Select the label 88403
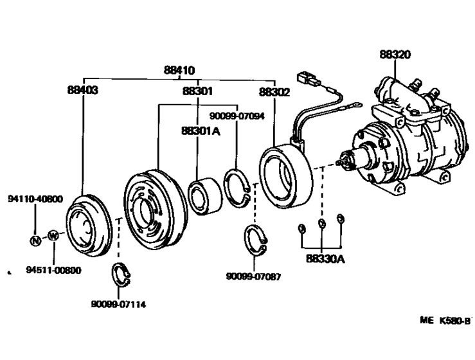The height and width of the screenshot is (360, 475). [x=83, y=91]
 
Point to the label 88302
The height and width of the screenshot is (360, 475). [x=274, y=92]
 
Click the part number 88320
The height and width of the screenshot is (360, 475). [x=395, y=55]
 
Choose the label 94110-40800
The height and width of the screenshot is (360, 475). [x=36, y=199]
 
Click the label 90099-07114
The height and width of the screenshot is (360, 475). [x=118, y=304]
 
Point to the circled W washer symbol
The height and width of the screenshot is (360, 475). [x=53, y=235]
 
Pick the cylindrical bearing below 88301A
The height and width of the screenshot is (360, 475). [x=204, y=194]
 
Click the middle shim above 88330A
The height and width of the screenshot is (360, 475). [x=323, y=224]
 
